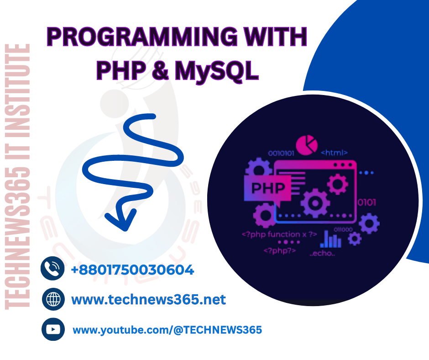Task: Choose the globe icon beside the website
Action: pos(53,300)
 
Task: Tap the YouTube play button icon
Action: pos(53,329)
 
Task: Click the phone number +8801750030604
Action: pos(132,270)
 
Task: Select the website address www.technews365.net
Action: pos(148,300)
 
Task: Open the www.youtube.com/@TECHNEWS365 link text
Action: pos(167,329)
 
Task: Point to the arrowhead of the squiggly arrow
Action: pos(120,219)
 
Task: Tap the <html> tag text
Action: pos(335,152)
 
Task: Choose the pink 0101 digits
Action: pos(366,202)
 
